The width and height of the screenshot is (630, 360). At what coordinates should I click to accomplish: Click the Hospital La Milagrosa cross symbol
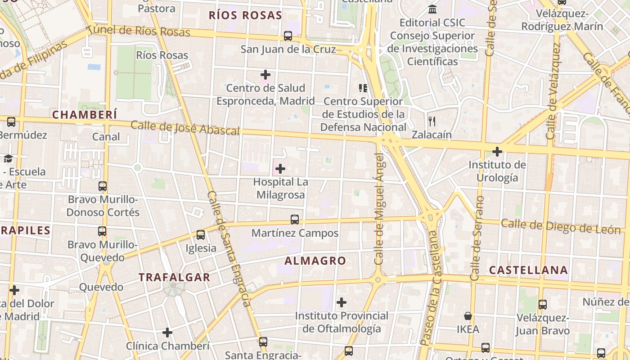[280, 169]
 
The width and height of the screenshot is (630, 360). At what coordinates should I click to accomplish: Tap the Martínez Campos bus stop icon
[295, 220]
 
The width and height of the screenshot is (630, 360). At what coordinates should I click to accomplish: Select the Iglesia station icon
[201, 235]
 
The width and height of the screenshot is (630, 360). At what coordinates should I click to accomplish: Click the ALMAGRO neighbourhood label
[315, 261]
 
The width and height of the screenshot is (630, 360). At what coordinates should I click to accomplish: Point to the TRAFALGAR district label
[175, 277]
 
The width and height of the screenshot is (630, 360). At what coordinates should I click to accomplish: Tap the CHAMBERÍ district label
[85, 115]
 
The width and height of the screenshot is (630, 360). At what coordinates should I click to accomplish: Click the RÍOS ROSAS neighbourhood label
[245, 15]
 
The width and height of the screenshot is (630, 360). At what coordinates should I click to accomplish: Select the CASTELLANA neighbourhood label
[528, 270]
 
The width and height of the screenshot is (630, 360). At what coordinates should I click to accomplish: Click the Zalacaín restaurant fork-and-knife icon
[432, 121]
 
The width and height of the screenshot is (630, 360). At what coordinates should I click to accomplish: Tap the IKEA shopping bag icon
[468, 316]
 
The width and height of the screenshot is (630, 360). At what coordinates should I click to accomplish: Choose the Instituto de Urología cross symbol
[497, 152]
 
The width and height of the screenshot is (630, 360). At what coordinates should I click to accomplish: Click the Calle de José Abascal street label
[185, 128]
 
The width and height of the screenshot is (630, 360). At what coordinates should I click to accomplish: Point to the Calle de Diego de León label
[561, 226]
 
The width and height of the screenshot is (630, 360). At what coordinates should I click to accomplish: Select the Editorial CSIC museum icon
[432, 9]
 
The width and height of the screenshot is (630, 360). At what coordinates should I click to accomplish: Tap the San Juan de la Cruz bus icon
[288, 36]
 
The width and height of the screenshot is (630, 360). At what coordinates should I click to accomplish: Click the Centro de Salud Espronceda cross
[265, 74]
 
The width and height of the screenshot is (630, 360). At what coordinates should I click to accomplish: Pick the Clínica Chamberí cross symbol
[167, 333]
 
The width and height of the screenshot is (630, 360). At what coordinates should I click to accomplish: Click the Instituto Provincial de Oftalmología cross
[342, 302]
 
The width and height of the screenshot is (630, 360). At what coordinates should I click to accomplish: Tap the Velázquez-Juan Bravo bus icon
[543, 305]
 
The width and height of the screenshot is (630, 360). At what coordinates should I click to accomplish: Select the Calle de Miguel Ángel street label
[379, 209]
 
